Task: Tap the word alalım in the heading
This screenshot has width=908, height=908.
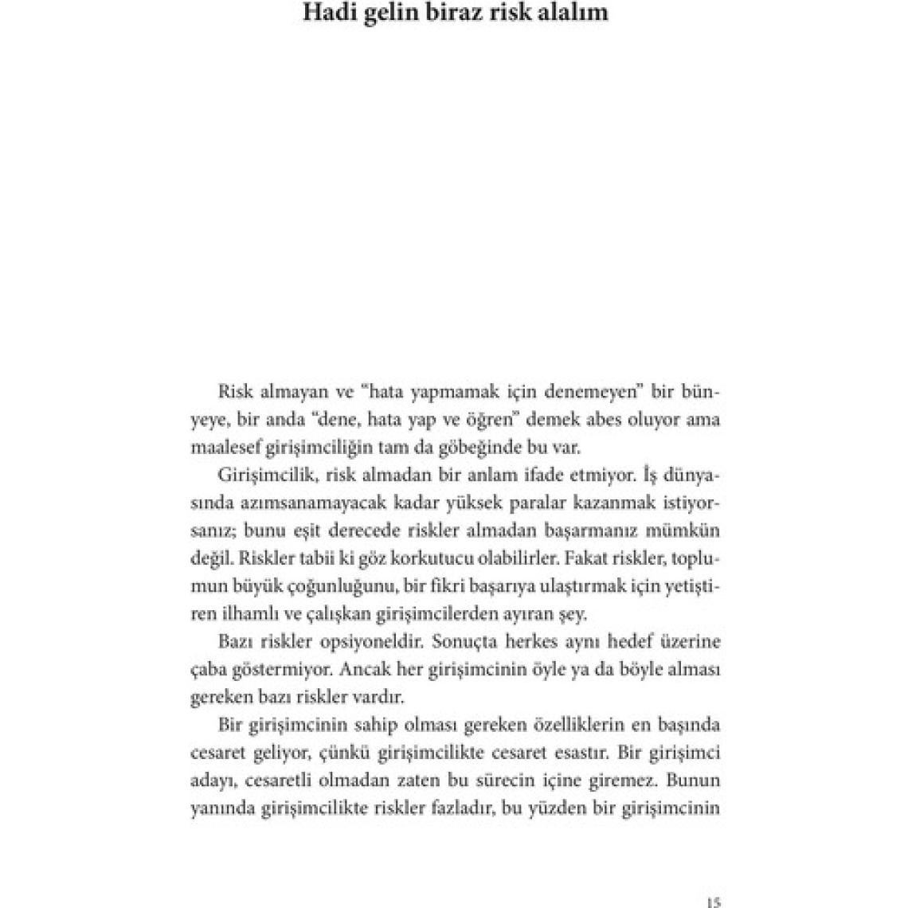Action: click(x=573, y=13)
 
